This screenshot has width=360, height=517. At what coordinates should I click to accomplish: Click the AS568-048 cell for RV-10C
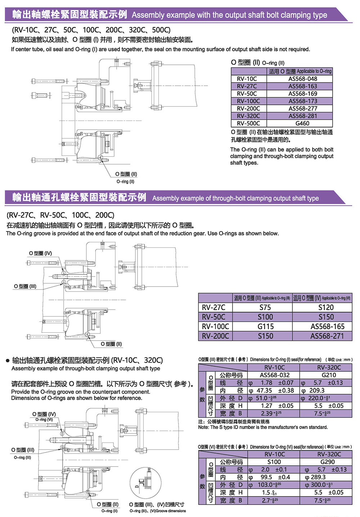coord(302,79)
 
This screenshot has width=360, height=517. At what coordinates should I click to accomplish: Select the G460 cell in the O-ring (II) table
coord(302,123)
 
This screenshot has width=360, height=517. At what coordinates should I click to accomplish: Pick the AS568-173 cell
coord(302,101)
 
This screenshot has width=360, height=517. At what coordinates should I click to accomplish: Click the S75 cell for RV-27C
coord(265,307)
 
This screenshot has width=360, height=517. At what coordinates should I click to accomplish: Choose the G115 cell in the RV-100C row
coord(265,327)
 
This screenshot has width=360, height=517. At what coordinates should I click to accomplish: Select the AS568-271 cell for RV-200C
coord(327,336)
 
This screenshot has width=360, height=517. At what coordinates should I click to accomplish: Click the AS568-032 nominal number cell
coord(274,375)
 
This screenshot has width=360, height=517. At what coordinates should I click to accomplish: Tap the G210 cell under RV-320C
coord(328,375)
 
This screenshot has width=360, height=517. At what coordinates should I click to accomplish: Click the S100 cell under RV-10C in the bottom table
coord(274,462)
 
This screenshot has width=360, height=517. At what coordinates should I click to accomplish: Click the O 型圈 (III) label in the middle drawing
coord(25,286)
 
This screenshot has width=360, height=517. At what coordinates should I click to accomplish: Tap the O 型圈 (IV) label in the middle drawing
coord(40,253)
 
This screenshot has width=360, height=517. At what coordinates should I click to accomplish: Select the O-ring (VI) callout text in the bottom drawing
coord(44,420)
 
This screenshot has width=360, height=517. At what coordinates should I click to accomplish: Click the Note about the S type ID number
coord(263,427)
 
